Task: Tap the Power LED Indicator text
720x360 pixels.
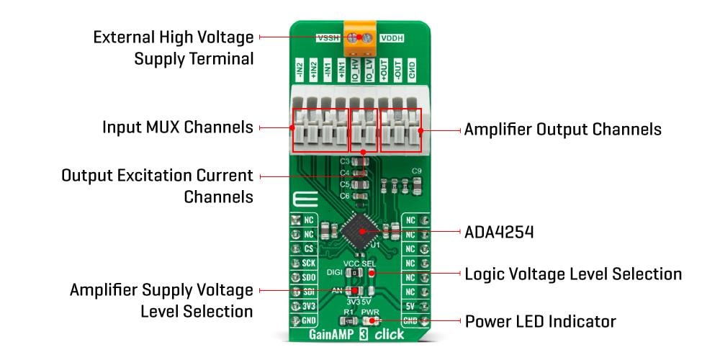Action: tap(541, 320)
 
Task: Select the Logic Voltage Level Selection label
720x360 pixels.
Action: tap(573, 274)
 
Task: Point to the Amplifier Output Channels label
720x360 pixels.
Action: tap(562, 130)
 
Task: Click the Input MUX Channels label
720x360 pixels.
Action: tap(178, 127)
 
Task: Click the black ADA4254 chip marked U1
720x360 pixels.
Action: tap(361, 230)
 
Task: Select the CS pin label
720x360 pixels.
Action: tap(307, 249)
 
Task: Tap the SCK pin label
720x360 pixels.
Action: tap(307, 264)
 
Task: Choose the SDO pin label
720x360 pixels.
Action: tap(307, 278)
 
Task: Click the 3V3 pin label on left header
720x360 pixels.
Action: tap(307, 306)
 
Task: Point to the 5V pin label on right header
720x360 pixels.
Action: tap(410, 306)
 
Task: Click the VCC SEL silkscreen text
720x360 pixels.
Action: tap(359, 264)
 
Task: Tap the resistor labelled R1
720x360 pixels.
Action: tap(348, 320)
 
